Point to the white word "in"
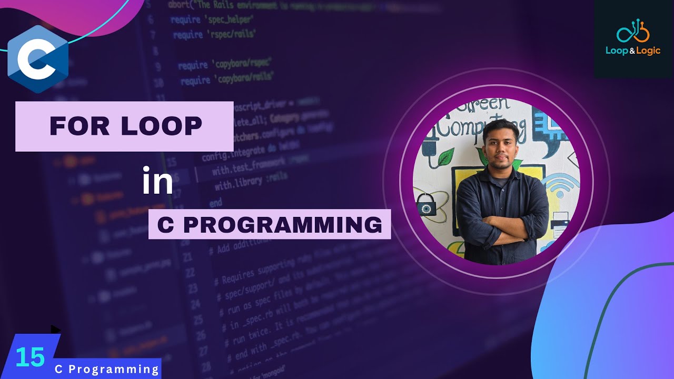pyautogui.click(x=157, y=182)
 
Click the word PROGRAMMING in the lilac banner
pyautogui.click(x=282, y=225)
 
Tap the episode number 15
pyautogui.click(x=30, y=357)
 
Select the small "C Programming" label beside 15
pyautogui.click(x=107, y=369)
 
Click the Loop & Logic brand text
pyautogui.click(x=633, y=51)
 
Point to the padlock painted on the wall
pyautogui.click(x=427, y=206)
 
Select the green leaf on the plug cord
pyautogui.click(x=445, y=156)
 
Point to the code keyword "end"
pyautogui.click(x=216, y=202)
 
